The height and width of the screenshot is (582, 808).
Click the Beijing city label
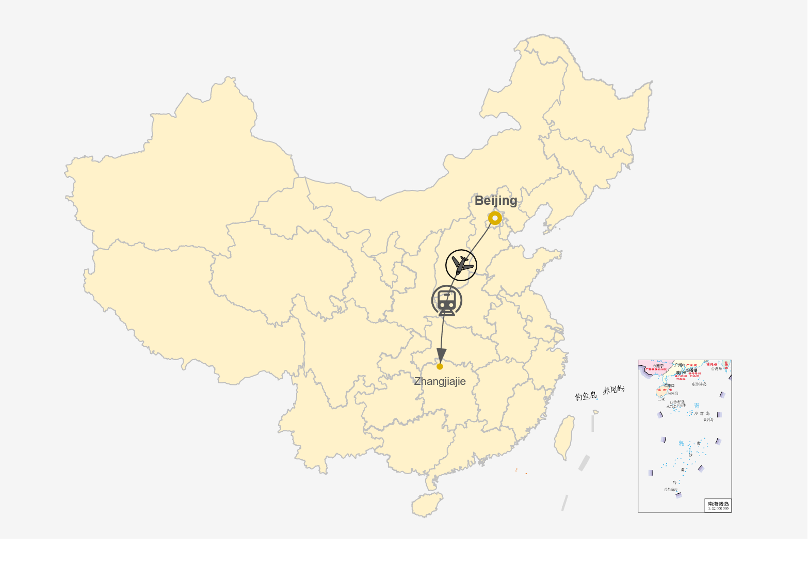tap(495, 201)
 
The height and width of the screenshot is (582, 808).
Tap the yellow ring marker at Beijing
tap(495, 218)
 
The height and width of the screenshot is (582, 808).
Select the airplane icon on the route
tap(461, 265)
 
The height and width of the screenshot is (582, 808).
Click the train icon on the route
tap(447, 301)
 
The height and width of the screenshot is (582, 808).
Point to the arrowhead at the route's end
tap(441, 355)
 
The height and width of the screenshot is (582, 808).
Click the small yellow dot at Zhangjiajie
tap(440, 366)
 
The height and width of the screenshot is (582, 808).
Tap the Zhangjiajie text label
tap(440, 381)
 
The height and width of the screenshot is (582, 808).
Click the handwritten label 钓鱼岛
tap(586, 396)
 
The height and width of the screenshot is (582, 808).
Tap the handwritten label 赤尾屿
tap(613, 390)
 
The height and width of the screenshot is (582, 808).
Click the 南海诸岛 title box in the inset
tap(718, 504)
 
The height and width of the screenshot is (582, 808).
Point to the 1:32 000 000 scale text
tap(718, 509)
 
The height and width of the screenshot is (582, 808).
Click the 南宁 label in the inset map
tap(659, 366)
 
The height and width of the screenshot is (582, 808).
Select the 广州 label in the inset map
tap(678, 365)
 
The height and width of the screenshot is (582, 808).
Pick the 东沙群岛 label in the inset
tap(699, 384)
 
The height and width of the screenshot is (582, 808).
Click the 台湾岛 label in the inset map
tap(717, 368)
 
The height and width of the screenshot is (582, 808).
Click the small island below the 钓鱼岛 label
tap(595, 412)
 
